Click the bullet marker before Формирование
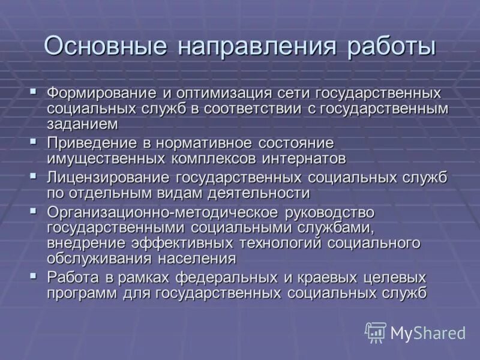point(34,92)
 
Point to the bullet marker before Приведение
point(34,142)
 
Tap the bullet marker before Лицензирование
point(34,177)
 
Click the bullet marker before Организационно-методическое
point(34,211)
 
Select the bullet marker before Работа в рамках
point(34,276)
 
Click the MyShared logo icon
point(376,332)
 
